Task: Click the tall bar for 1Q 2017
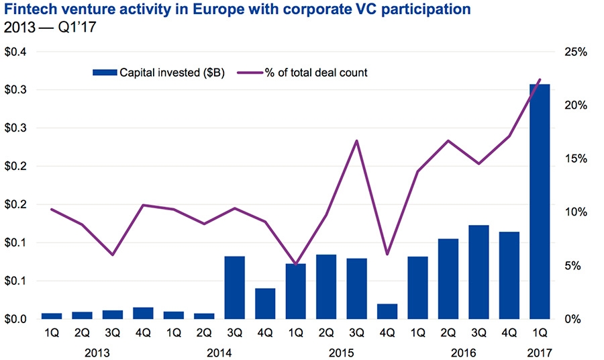pyautogui.click(x=540, y=201)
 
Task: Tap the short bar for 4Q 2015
pyautogui.click(x=387, y=311)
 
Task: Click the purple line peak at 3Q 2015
pyautogui.click(x=356, y=140)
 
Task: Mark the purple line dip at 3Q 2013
pyautogui.click(x=113, y=255)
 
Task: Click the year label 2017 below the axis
pyautogui.click(x=540, y=351)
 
